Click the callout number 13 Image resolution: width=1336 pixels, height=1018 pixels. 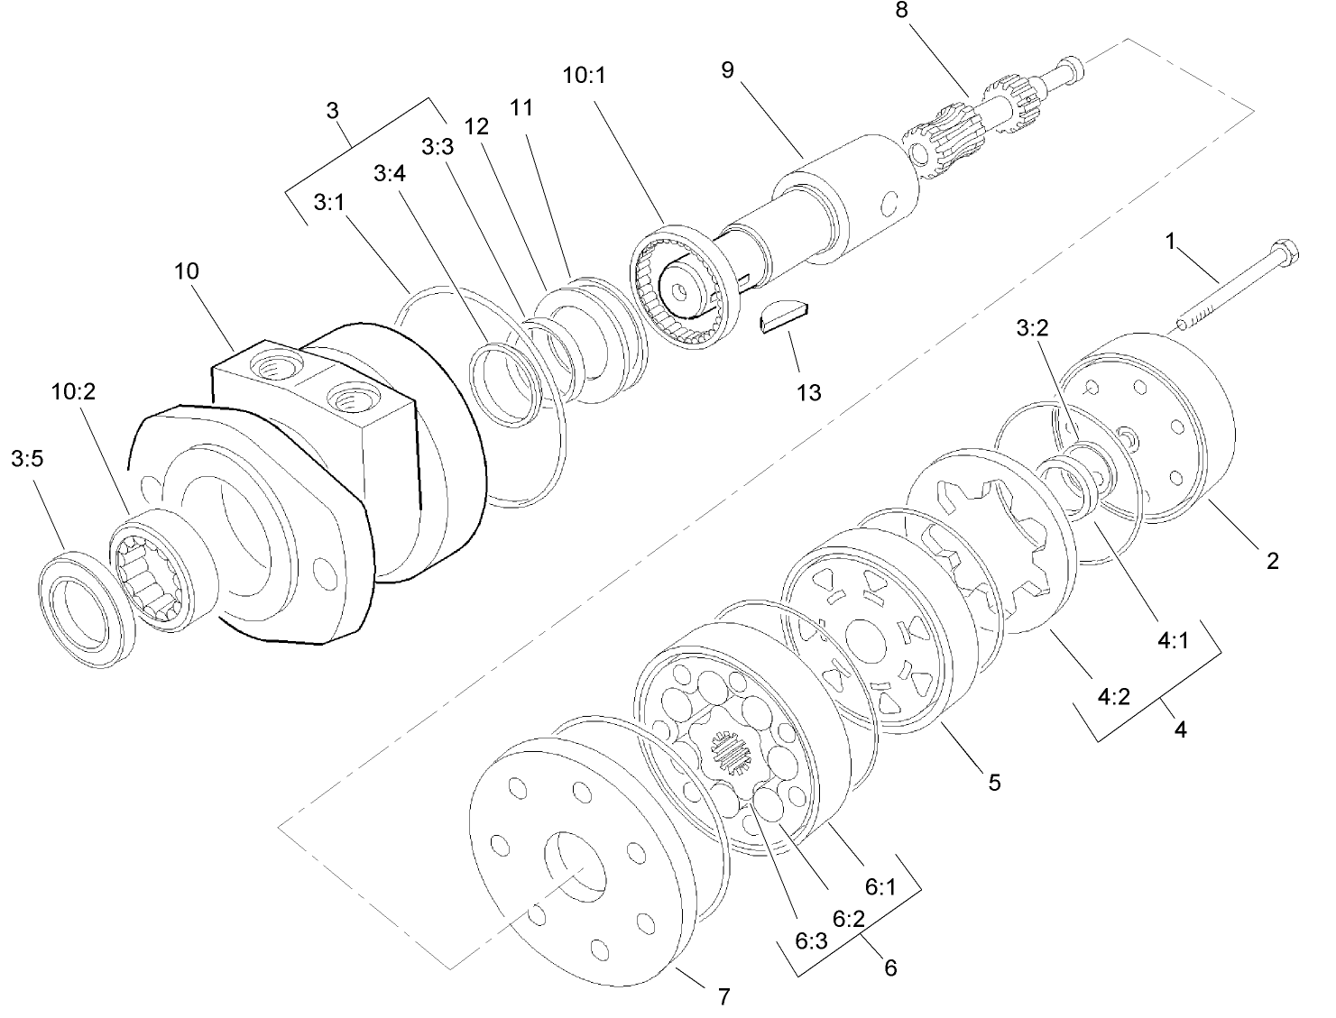(809, 392)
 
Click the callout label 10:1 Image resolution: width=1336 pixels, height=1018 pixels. (584, 76)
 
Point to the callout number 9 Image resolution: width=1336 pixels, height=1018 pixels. (727, 70)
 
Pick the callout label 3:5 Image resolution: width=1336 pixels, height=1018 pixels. (28, 460)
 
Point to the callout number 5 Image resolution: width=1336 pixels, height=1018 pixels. (994, 782)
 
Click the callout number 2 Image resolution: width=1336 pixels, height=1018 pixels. (1272, 561)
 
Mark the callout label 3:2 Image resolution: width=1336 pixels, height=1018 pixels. (1032, 329)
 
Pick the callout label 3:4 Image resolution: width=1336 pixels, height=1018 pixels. (390, 174)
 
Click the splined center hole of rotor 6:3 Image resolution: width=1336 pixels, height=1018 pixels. (732, 752)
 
